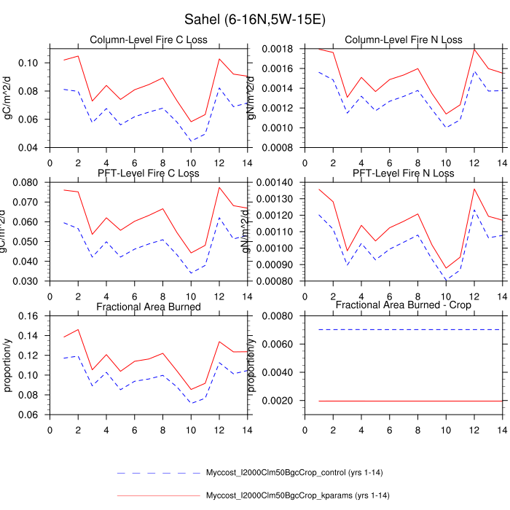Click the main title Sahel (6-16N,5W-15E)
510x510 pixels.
(254, 19)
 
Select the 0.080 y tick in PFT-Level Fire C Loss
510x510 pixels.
(28, 182)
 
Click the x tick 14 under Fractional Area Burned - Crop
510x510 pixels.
(503, 430)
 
